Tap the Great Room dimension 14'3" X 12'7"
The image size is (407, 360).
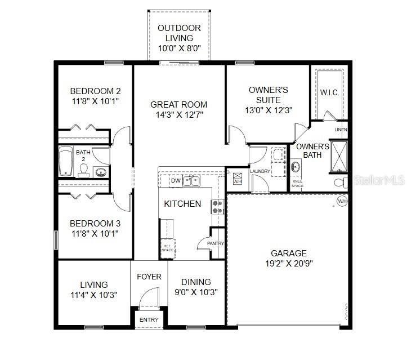(x=178, y=115)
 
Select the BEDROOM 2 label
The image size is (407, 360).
(x=95, y=91)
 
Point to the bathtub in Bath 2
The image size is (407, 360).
(x=66, y=161)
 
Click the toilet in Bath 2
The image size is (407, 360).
(x=83, y=171)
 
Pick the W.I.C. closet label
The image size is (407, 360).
(x=329, y=92)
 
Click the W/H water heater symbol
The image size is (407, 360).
(x=342, y=201)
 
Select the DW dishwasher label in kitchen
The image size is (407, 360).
(x=175, y=181)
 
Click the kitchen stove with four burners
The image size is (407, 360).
(x=218, y=207)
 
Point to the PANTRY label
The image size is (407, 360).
(x=215, y=244)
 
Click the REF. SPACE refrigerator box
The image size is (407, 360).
(x=168, y=247)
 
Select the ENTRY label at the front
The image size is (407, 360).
(x=149, y=320)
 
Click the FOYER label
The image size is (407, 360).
(x=149, y=277)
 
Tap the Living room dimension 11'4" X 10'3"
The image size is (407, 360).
(x=93, y=295)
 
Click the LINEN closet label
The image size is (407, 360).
(x=341, y=130)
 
